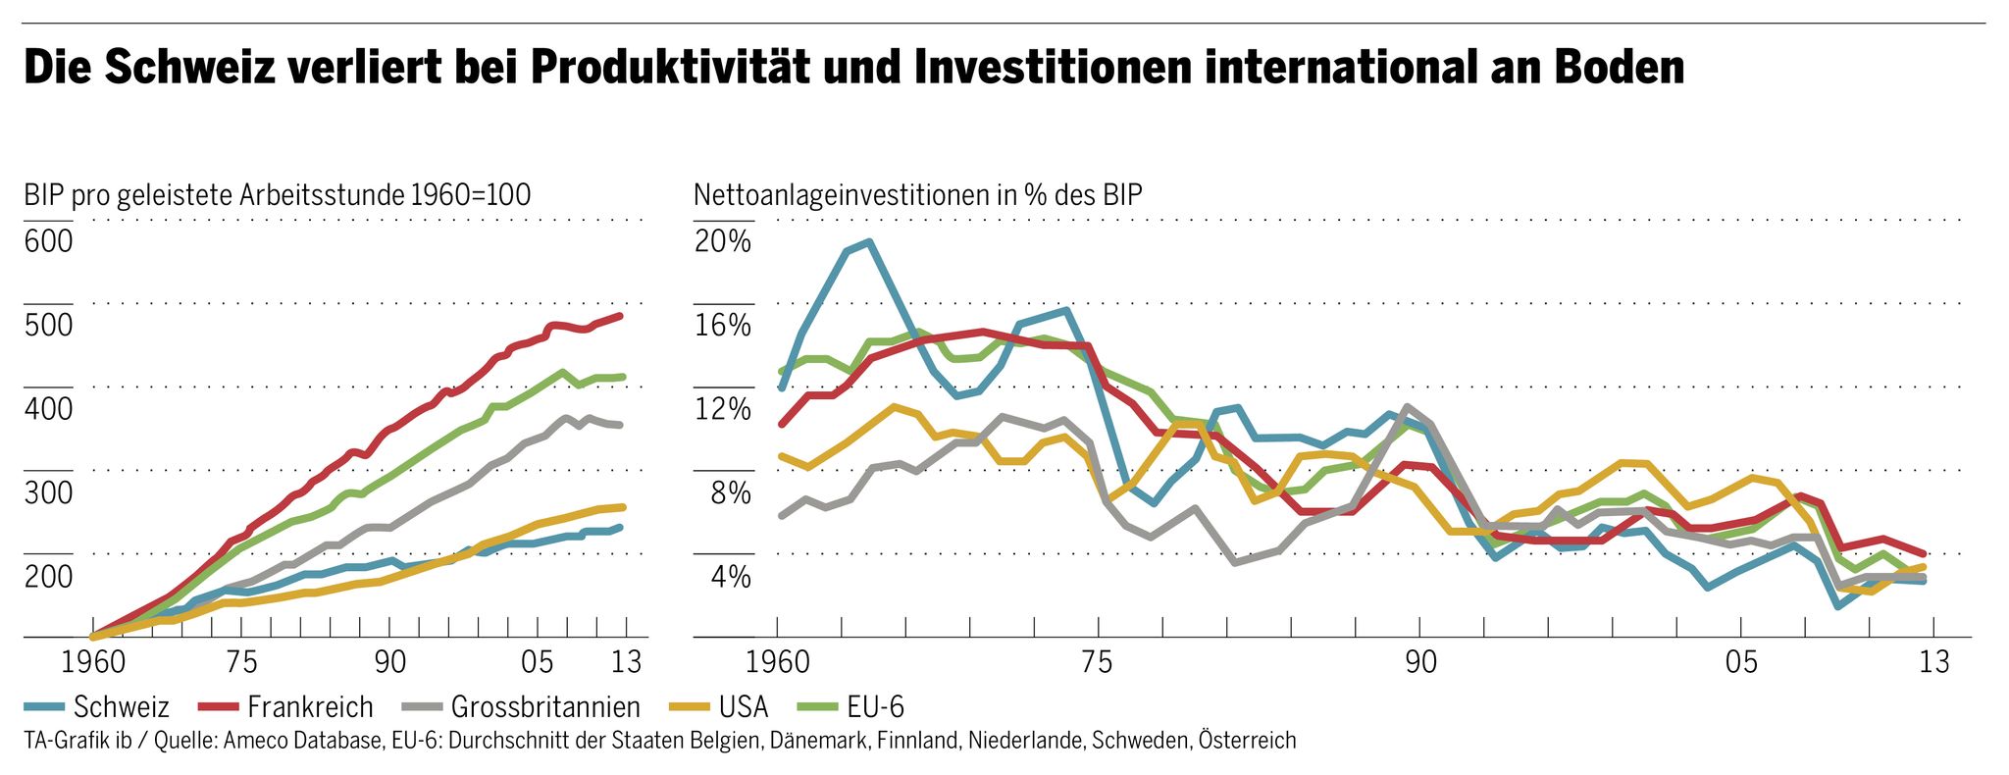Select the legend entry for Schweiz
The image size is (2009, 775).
(x=121, y=706)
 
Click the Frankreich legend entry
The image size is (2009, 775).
(x=310, y=706)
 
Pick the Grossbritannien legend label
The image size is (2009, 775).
(x=544, y=706)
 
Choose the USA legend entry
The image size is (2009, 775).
(x=743, y=706)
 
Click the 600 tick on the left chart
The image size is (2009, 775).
(x=48, y=241)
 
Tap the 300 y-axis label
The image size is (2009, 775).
(x=48, y=492)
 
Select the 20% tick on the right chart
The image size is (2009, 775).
(x=722, y=241)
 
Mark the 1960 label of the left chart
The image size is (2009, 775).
(x=93, y=662)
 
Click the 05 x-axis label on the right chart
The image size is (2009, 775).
(x=1741, y=662)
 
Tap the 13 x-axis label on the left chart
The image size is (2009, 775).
(x=627, y=662)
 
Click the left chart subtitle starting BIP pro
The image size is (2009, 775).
(x=277, y=194)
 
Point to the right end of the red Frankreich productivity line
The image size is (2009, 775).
(x=620, y=316)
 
